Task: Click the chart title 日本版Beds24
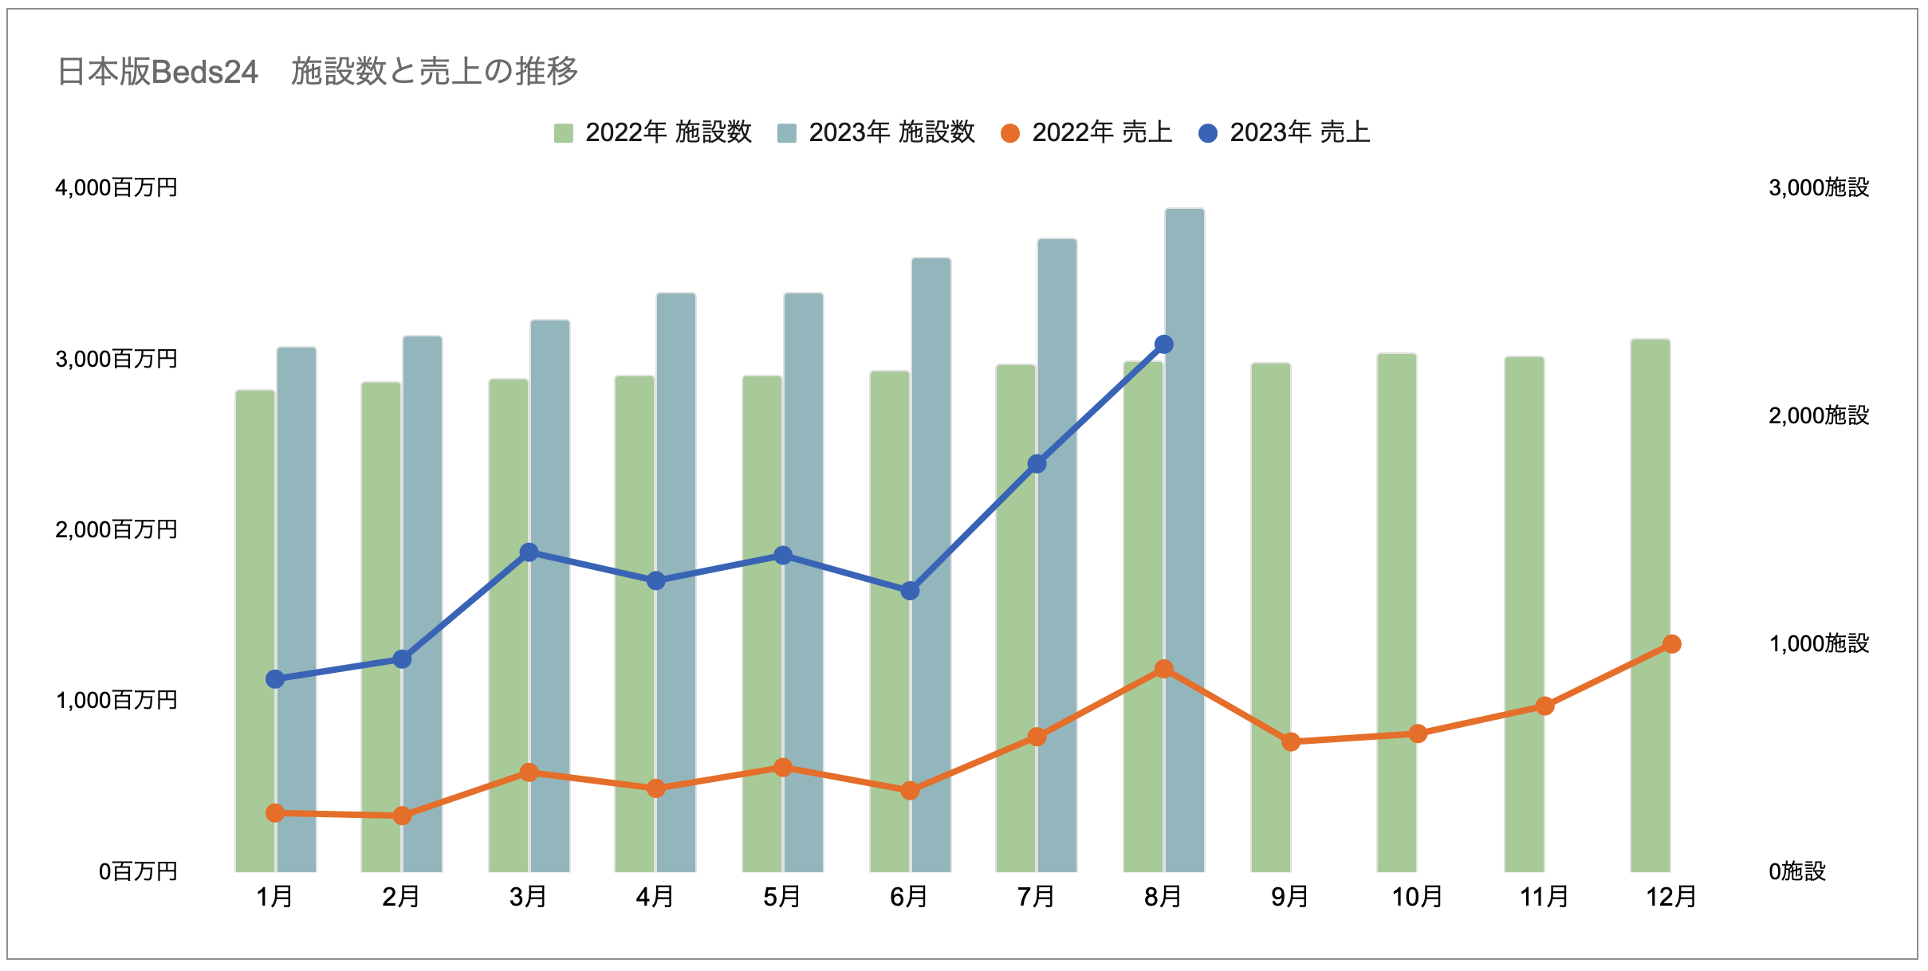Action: click(317, 72)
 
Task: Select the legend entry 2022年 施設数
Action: click(653, 132)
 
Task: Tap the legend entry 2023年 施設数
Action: click(876, 132)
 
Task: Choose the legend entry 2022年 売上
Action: click(1087, 132)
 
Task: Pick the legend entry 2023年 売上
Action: click(1285, 132)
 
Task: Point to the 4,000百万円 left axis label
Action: click(116, 188)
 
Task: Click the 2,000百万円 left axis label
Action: click(116, 529)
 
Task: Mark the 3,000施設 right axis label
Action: click(1819, 188)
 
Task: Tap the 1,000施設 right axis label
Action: click(1819, 643)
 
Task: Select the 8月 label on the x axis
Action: click(1163, 897)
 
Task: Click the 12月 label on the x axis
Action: click(1671, 897)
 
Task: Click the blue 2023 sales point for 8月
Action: click(1164, 344)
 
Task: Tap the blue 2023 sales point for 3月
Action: click(529, 552)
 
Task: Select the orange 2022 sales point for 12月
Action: click(1672, 644)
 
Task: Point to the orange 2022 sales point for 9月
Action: click(1291, 742)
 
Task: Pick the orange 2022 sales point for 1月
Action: click(275, 813)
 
